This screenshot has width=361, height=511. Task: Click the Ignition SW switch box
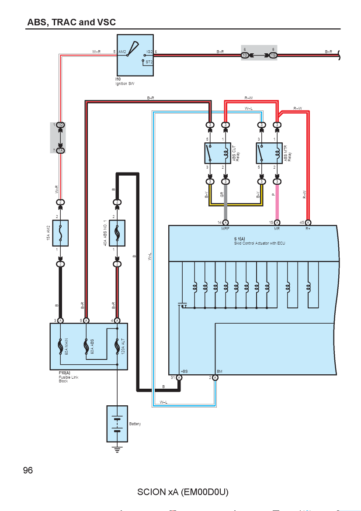coord(135,55)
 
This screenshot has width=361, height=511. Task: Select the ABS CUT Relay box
coord(218,153)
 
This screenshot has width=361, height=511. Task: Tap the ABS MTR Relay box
coord(269,153)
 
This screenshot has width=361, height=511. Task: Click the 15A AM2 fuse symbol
coord(60,233)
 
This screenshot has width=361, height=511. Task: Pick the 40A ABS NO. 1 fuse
coord(117,233)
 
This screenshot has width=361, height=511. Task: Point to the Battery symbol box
coord(117,424)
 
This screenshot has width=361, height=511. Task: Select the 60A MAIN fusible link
coord(60,346)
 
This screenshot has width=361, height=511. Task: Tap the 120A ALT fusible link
coord(117,346)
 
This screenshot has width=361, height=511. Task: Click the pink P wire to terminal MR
coord(277,202)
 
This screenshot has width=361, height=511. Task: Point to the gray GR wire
coord(226,202)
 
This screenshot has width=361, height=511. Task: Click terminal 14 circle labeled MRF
coord(226,223)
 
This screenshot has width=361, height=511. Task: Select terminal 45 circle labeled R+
coord(308,223)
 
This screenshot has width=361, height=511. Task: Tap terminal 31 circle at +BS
coord(179,378)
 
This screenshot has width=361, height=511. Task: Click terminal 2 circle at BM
coord(215,378)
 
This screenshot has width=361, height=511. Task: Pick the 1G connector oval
coord(273,55)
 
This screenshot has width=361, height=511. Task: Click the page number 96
coord(28,470)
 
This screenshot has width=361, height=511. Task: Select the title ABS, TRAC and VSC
coord(71,22)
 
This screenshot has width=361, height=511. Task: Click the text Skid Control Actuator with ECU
coord(260,243)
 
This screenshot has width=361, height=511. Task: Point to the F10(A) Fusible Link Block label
coord(69,377)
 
